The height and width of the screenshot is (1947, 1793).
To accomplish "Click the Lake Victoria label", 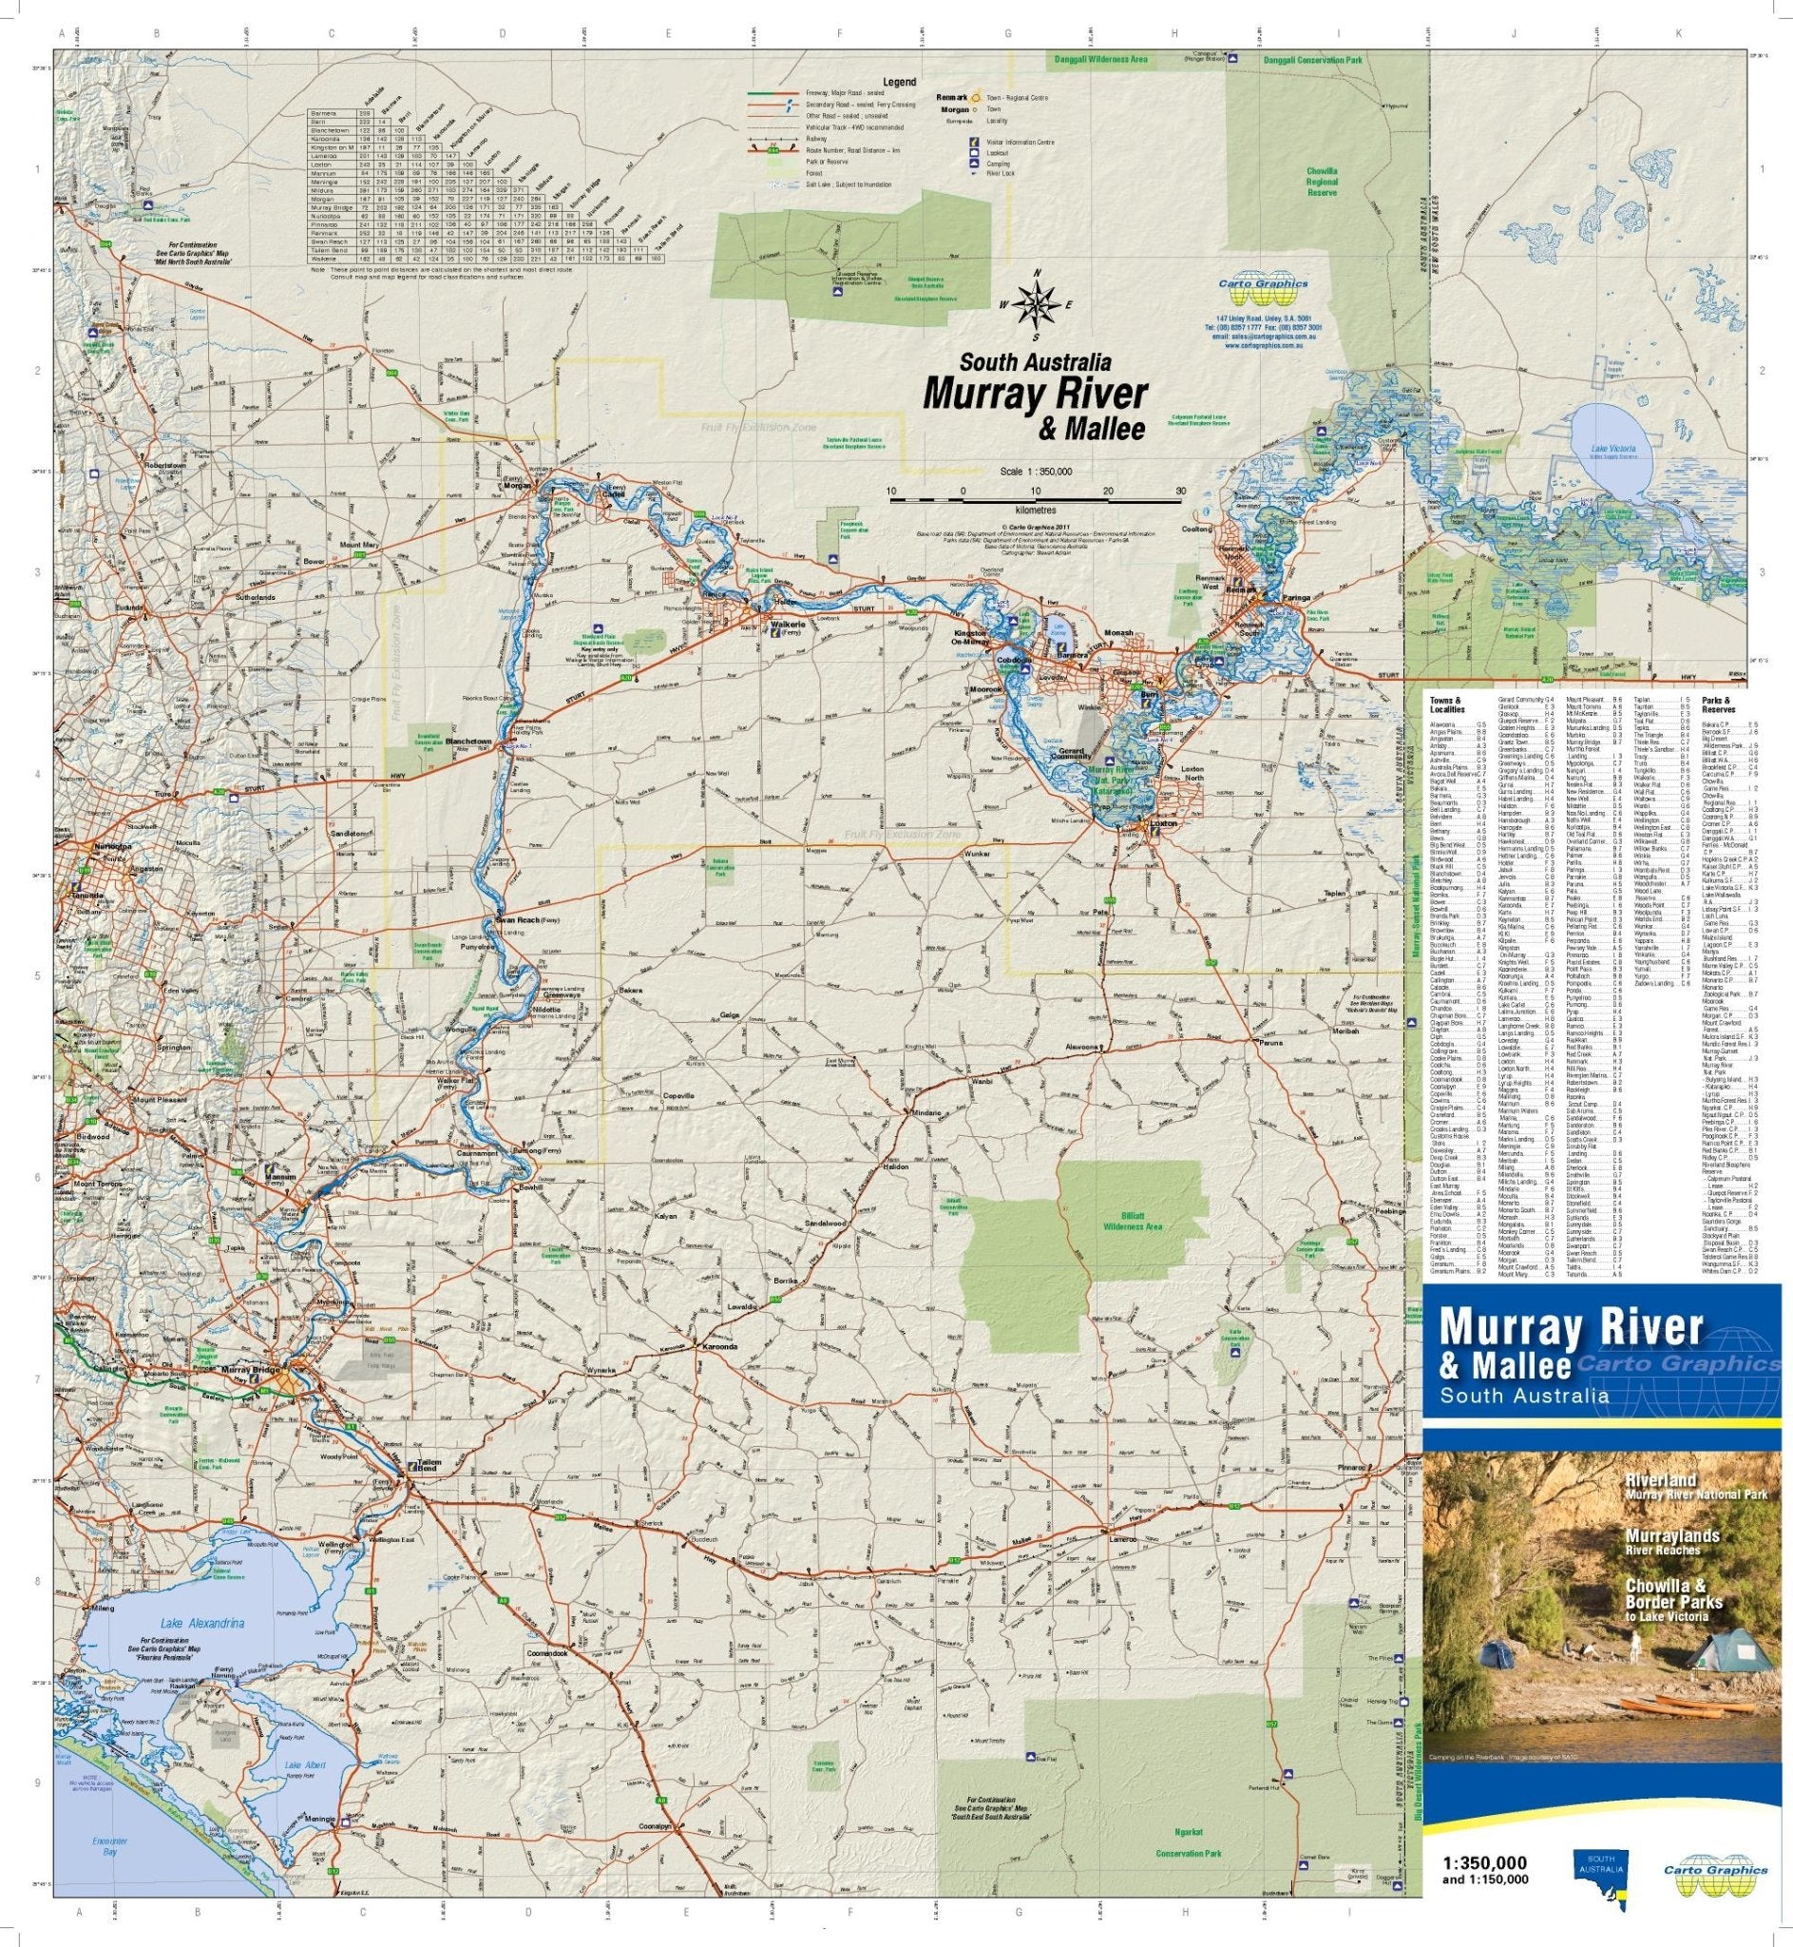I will [1613, 451].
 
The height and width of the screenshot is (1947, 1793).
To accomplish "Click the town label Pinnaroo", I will [1354, 1468].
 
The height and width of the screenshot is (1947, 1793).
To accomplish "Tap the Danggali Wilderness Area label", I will [1100, 60].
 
